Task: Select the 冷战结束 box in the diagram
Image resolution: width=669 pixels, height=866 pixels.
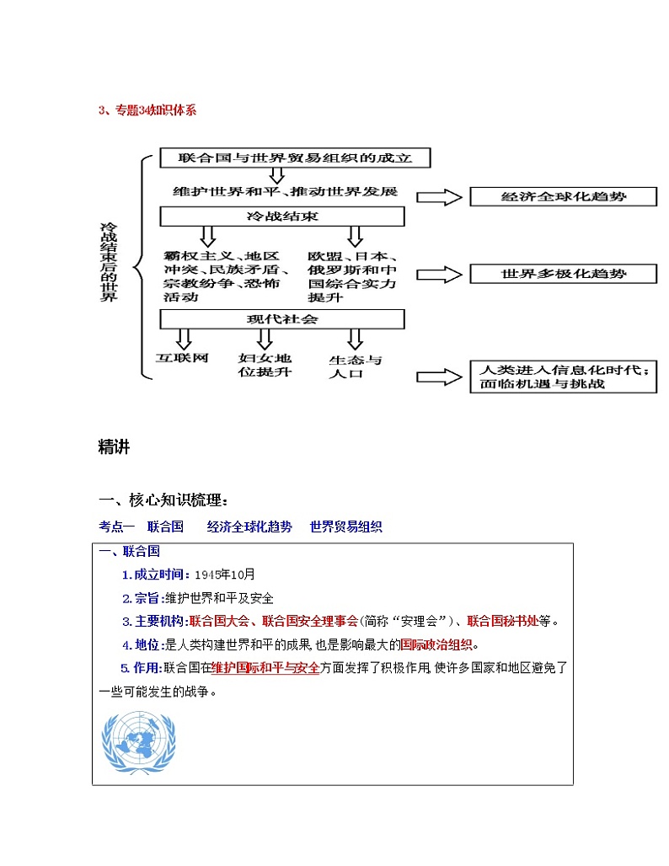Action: point(282,216)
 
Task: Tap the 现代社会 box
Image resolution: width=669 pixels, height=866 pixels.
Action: point(282,319)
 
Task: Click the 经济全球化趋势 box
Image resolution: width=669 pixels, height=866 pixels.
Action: point(562,197)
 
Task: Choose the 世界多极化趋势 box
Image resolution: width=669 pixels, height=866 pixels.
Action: point(562,274)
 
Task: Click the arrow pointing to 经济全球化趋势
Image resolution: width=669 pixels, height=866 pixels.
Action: point(441,197)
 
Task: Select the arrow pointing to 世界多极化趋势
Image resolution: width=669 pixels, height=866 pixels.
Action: point(441,275)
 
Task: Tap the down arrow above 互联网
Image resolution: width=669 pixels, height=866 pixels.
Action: point(183,338)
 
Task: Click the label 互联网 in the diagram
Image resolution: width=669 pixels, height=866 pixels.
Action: point(182,358)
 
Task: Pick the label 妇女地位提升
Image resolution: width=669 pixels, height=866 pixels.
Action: point(265,365)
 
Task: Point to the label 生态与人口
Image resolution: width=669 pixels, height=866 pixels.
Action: point(355,366)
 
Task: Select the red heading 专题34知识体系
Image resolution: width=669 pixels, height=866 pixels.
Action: point(147,110)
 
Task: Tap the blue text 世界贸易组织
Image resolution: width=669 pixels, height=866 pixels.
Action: point(345,527)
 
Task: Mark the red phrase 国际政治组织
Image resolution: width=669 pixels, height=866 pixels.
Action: point(437,645)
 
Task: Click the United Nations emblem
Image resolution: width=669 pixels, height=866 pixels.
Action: point(140,742)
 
